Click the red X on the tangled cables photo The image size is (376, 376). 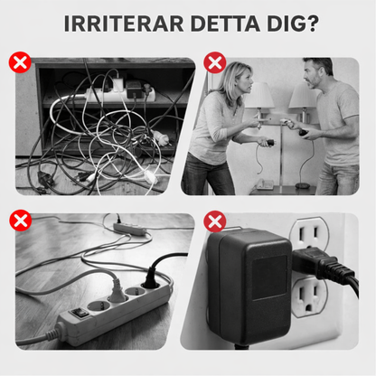(x=20, y=62)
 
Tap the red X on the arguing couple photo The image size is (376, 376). (x=215, y=62)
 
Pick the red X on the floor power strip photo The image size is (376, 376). (x=20, y=221)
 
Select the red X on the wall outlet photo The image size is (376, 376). (x=215, y=221)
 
